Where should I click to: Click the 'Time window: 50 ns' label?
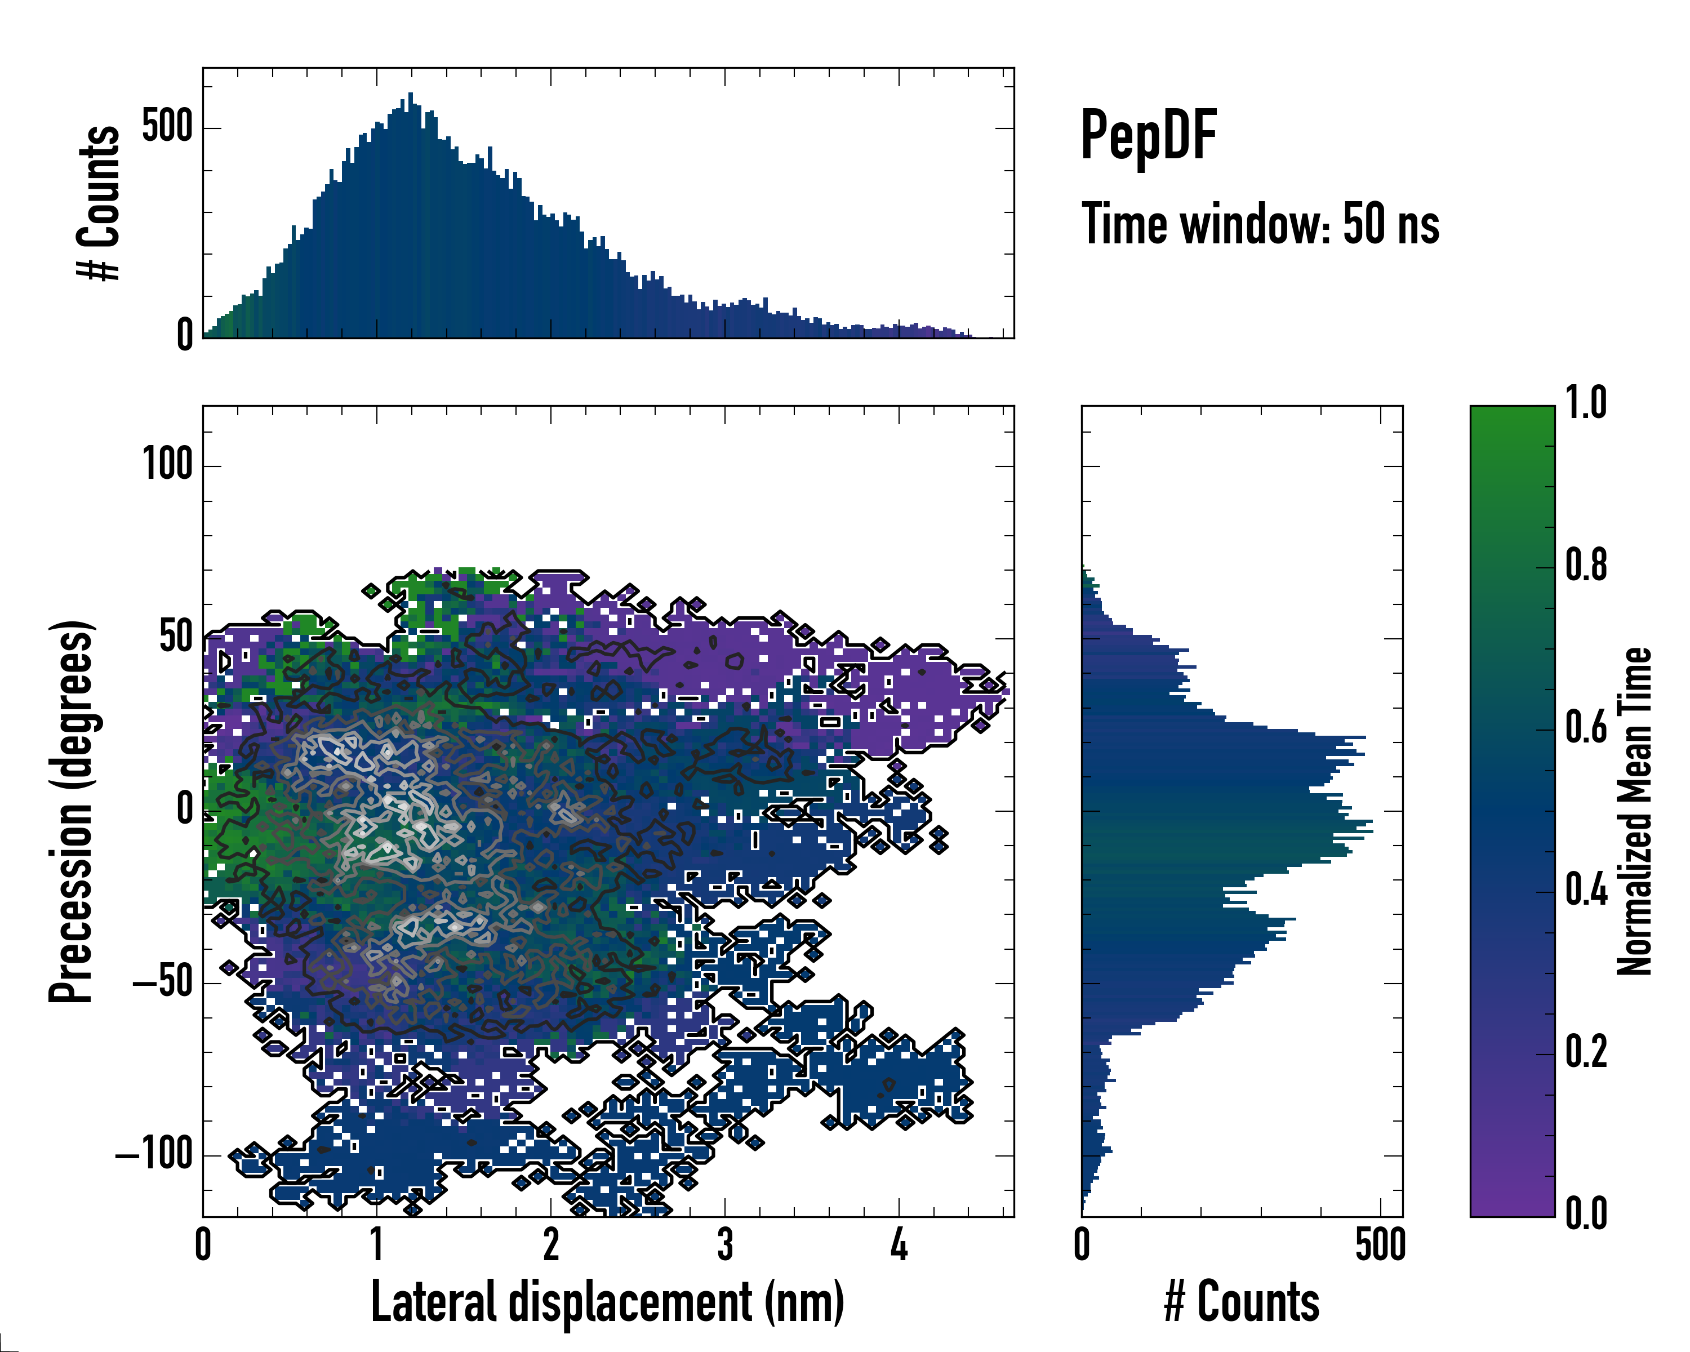point(1260,224)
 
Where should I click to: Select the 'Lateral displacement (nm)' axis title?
point(607,1302)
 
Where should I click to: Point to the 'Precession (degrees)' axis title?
point(72,811)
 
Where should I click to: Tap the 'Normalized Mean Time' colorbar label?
point(1634,811)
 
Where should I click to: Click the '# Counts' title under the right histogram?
point(1242,1302)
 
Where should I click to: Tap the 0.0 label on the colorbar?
point(1586,1213)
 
